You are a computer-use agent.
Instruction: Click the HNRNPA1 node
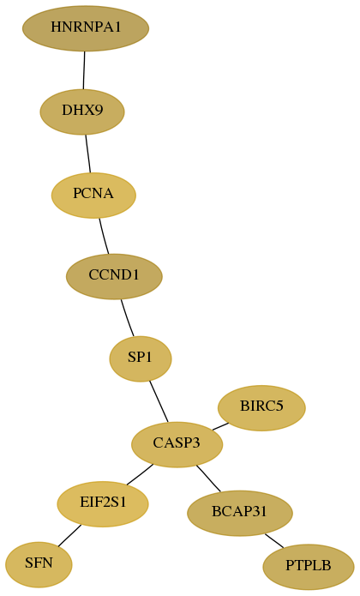pyautogui.click(x=86, y=28)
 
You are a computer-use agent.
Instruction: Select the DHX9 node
pyautogui.click(x=82, y=111)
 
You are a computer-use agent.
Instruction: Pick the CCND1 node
pyautogui.click(x=114, y=276)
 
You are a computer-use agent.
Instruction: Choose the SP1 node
pyautogui.click(x=141, y=358)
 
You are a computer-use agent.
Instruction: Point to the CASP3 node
pyautogui.click(x=177, y=444)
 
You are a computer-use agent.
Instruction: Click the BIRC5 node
pyautogui.click(x=261, y=408)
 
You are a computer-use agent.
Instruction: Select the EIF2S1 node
pyautogui.click(x=103, y=504)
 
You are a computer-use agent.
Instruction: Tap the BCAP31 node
pyautogui.click(x=240, y=513)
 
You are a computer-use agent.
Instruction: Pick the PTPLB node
pyautogui.click(x=309, y=567)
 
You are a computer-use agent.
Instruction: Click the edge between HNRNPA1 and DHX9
pyautogui.click(x=84, y=70)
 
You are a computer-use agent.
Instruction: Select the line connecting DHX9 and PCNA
pyautogui.click(x=88, y=154)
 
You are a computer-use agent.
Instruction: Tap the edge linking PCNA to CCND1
pyautogui.click(x=104, y=236)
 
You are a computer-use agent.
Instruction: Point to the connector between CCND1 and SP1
pyautogui.click(x=127, y=318)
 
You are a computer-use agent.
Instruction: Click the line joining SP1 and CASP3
pyautogui.click(x=159, y=402)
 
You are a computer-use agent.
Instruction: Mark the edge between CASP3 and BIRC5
pyautogui.click(x=220, y=426)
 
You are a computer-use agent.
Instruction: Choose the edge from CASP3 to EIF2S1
pyautogui.click(x=140, y=475)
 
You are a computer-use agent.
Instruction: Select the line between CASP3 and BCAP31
pyautogui.click(x=208, y=479)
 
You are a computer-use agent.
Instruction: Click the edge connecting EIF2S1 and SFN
pyautogui.click(x=69, y=536)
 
